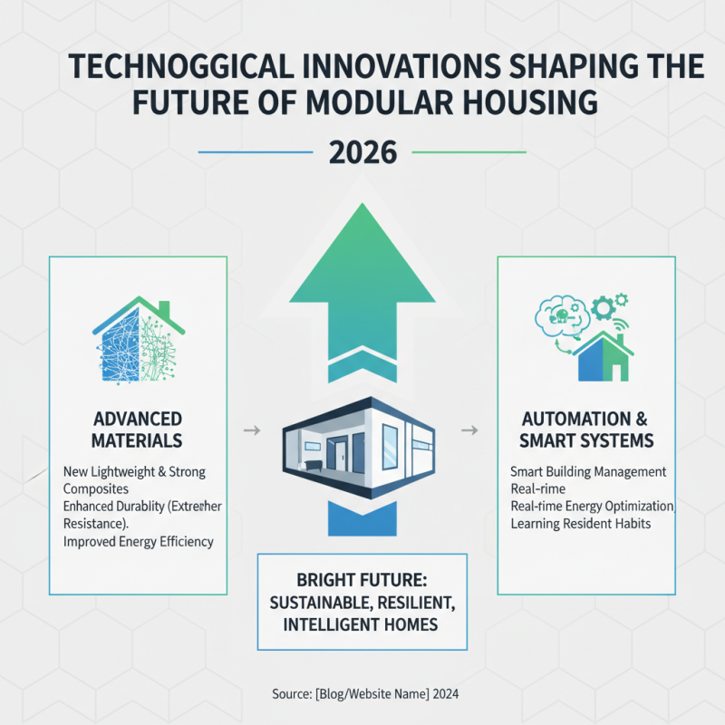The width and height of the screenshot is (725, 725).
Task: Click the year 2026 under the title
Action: pos(362,152)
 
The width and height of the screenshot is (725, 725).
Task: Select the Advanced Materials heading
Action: pos(137,430)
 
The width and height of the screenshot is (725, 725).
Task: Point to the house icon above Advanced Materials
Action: pos(137,338)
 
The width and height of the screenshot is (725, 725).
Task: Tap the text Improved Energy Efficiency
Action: pos(139,542)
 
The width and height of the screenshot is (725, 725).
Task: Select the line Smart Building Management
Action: pos(588,472)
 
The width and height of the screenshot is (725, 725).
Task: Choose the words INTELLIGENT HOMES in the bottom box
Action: pos(362,624)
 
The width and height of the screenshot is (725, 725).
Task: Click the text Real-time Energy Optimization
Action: pos(593,506)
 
